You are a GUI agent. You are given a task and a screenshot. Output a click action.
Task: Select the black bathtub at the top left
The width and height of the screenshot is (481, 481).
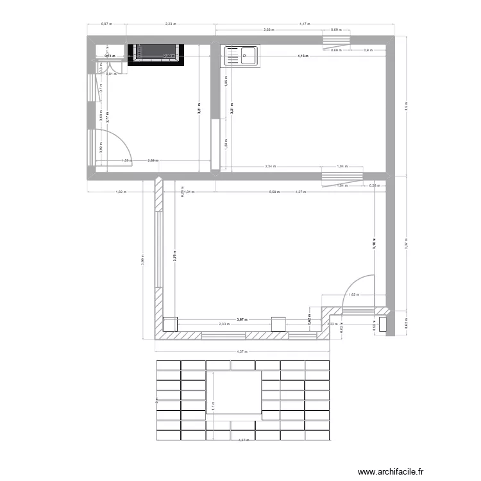155,55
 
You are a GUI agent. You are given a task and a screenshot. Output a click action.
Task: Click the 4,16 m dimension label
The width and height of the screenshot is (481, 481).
303,56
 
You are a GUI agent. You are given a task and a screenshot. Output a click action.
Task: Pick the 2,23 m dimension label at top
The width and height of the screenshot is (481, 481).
170,24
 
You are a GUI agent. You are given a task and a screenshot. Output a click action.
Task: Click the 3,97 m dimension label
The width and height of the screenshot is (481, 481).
242,319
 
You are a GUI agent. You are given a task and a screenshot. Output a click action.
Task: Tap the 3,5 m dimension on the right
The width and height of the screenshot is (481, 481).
405,107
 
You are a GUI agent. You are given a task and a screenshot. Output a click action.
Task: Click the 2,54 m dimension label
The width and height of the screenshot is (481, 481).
270,166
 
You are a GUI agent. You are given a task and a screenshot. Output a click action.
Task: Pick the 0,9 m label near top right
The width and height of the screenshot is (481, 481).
367,50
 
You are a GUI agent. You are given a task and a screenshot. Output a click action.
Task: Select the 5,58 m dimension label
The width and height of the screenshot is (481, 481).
274,191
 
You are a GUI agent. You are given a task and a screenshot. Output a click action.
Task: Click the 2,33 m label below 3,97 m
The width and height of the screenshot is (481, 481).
223,325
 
